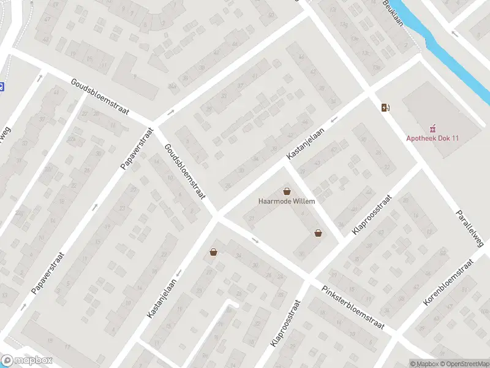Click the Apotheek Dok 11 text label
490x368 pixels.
(x=433, y=138)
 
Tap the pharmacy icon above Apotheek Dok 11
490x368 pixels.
(x=433, y=128)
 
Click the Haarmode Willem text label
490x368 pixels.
(x=287, y=201)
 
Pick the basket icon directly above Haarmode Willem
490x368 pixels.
(x=287, y=191)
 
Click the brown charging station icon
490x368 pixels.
(x=385, y=108)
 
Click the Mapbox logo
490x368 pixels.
(x=27, y=361)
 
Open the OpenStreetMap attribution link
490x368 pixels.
(x=465, y=364)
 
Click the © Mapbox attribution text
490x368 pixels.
(x=424, y=364)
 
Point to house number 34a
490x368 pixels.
(x=173, y=86)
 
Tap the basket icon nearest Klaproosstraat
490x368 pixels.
(x=318, y=233)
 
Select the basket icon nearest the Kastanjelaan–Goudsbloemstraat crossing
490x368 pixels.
(x=213, y=251)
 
